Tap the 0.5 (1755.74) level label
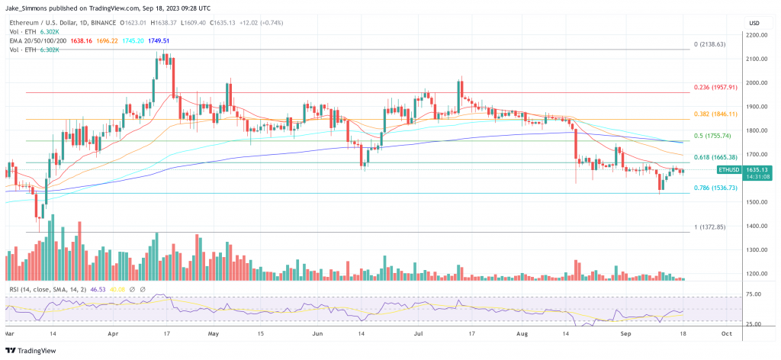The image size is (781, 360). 711,136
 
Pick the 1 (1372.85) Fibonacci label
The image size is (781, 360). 707,227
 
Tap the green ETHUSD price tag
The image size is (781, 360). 730,170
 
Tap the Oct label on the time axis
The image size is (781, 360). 726,333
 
